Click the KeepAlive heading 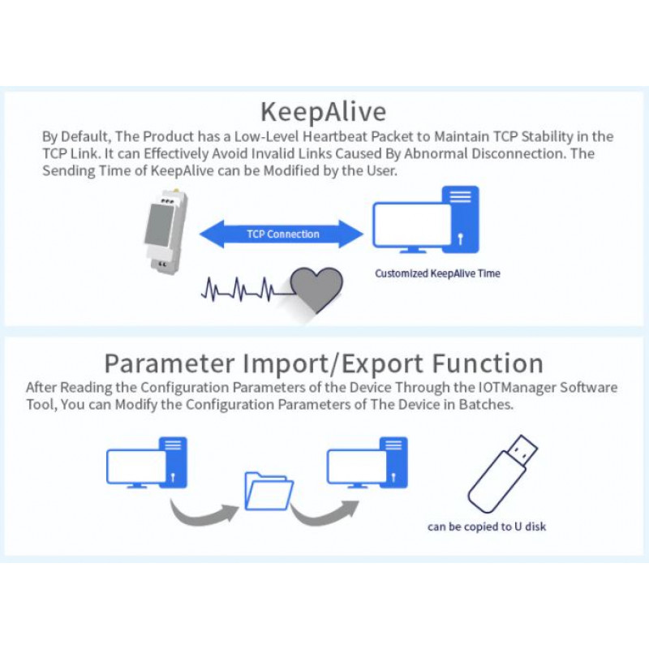324,110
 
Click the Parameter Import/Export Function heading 324,362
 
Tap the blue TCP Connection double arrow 282,234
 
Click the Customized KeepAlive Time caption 437,273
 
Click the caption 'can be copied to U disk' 487,527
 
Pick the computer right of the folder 366,463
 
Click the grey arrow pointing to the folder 202,510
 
